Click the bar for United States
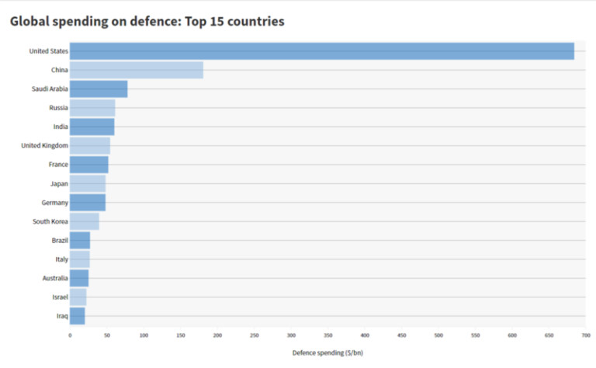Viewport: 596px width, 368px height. pos(321,51)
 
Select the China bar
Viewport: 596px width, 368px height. pos(137,70)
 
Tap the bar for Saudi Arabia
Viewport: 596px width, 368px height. pos(99,89)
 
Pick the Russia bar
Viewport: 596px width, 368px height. pos(92,108)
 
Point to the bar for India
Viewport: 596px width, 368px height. pos(92,127)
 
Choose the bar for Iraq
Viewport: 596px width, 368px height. pos(77,315)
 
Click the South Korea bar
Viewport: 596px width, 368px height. pos(85,221)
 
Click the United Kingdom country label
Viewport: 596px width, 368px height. pos(44,145)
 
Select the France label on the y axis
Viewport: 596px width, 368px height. pos(58,165)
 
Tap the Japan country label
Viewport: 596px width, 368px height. pos(59,183)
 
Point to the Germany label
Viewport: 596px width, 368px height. pos(55,203)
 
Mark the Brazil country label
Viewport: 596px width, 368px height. pos(60,240)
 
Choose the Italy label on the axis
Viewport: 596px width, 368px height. pos(61,259)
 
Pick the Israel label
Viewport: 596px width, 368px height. pos(60,297)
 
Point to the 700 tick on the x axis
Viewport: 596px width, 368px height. pos(586,335)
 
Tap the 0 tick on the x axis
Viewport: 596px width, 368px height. pos(70,335)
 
